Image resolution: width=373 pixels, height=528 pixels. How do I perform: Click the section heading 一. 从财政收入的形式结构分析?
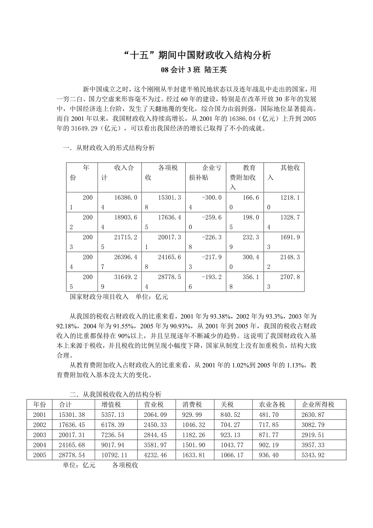tap(109, 148)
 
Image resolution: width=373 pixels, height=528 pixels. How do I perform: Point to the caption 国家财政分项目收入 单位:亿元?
tap(119, 296)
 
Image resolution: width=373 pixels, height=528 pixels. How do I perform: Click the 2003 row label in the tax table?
tap(40, 435)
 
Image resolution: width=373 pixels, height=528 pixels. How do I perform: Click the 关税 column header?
tap(227, 404)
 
